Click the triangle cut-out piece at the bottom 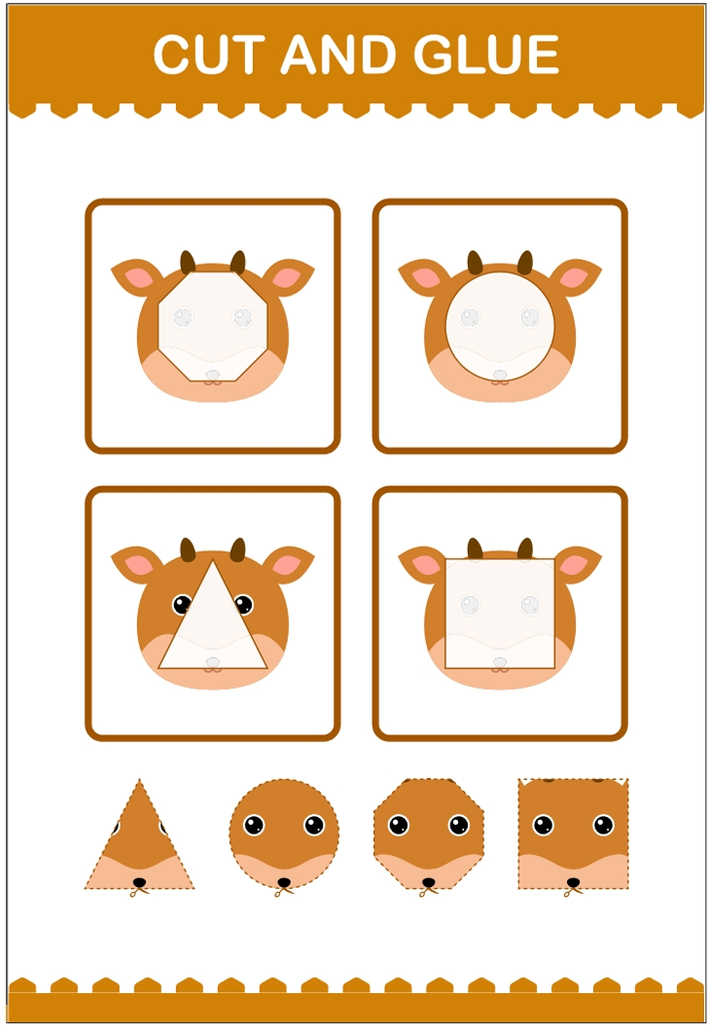tap(139, 838)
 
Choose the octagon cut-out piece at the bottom tap(428, 835)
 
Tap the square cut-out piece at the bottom tap(573, 835)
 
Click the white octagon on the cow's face tap(213, 327)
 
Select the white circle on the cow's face tap(500, 327)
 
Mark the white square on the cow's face tap(500, 614)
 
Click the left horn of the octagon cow tap(188, 262)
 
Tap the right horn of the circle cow tap(525, 262)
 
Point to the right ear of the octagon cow tap(289, 276)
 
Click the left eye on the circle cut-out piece tap(254, 825)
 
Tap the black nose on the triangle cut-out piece tap(139, 882)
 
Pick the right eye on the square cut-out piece tap(603, 825)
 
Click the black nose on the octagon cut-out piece tap(428, 882)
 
